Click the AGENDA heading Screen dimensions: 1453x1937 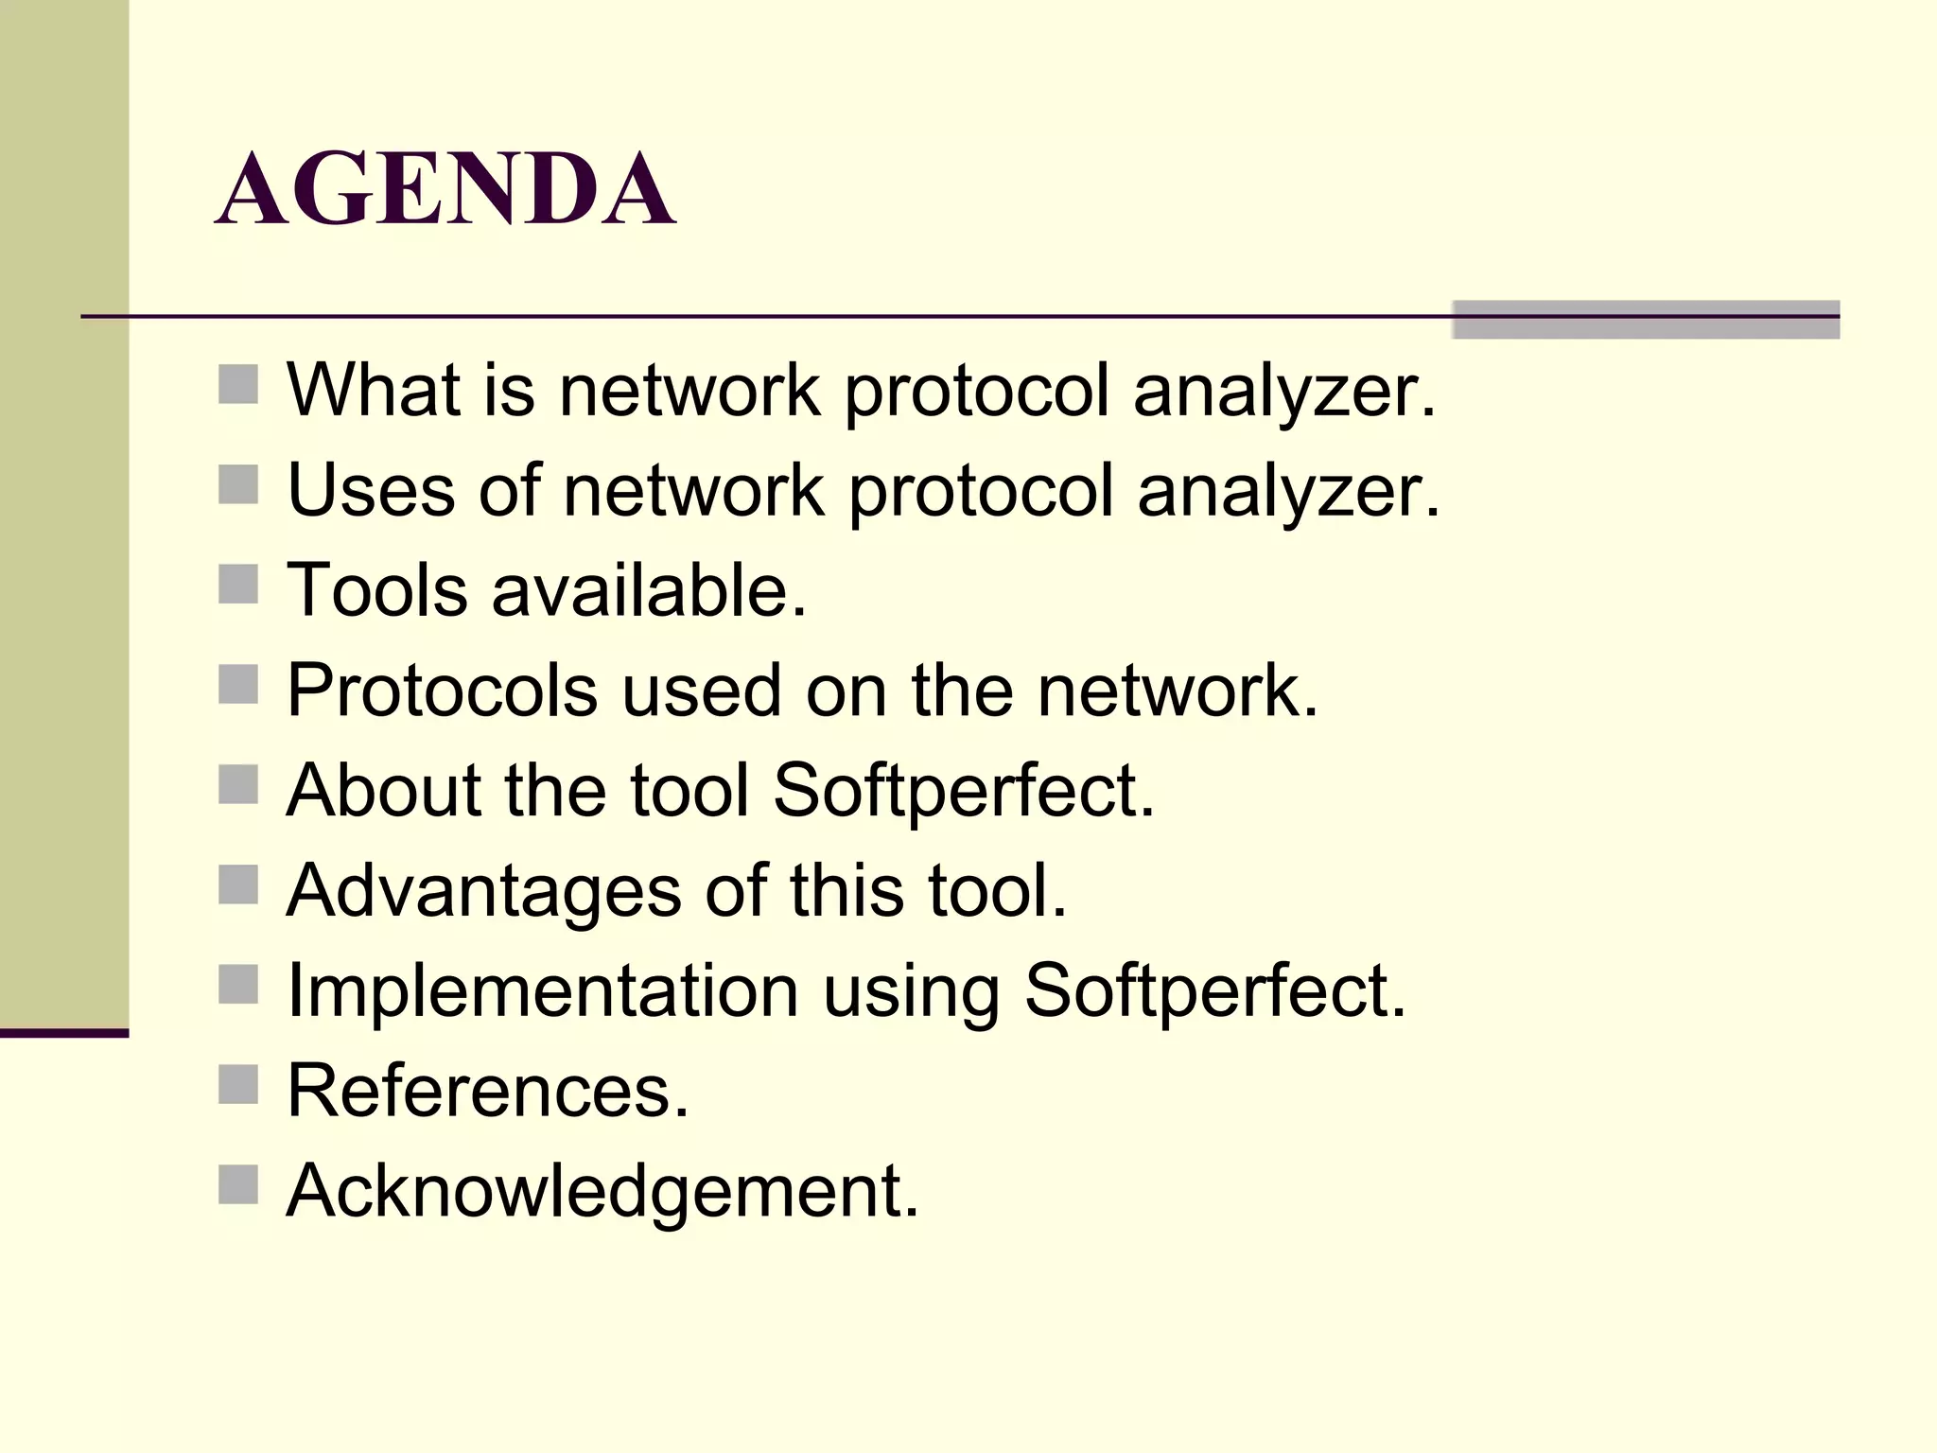click(445, 190)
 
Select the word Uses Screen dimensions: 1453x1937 click(371, 490)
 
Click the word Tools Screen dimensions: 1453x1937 click(376, 590)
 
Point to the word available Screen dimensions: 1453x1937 click(649, 590)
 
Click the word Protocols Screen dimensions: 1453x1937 click(442, 691)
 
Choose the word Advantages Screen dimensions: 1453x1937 click(483, 891)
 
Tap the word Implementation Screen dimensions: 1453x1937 click(543, 990)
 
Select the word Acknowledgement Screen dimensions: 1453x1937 click(602, 1190)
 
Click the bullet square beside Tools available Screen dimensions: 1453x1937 click(237, 585)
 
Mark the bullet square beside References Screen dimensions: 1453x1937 click(237, 1085)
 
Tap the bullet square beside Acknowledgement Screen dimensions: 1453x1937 click(237, 1184)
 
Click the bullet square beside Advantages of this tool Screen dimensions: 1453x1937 click(237, 885)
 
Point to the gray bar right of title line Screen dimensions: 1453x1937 click(1646, 320)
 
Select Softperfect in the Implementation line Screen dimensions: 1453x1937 click(1215, 990)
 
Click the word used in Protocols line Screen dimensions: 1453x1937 click(701, 691)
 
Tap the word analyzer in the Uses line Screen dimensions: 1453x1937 click(1288, 490)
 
